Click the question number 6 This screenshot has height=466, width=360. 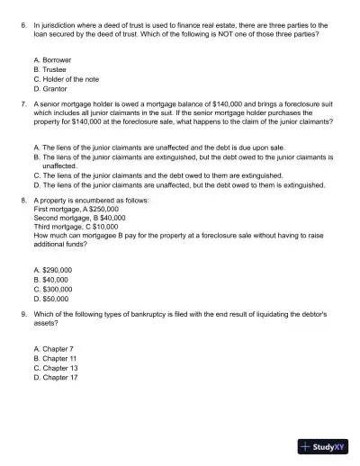pos(22,28)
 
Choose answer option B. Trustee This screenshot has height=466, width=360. pos(49,68)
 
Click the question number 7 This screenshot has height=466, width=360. pos(22,104)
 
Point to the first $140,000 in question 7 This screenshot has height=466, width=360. pos(221,104)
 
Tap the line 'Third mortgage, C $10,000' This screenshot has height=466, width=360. pos(76,227)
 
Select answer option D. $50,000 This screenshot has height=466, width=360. pos(50,300)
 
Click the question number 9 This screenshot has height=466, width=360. pos(22,315)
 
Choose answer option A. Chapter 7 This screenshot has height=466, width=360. pos(53,347)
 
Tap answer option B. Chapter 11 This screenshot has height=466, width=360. pos(55,357)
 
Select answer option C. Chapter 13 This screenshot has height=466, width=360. pos(55,367)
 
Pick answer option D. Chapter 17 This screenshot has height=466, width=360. pos(55,377)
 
